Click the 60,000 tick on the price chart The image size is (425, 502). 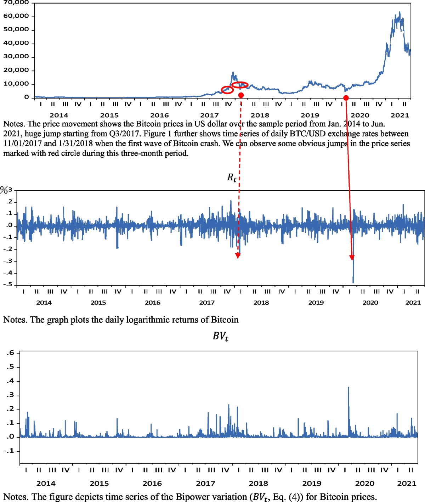(x=16, y=16)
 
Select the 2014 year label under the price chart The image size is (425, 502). (x=59, y=115)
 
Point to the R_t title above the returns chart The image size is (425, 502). (x=232, y=177)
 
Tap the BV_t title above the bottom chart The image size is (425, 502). (x=220, y=336)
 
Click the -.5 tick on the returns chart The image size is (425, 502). (x=8, y=284)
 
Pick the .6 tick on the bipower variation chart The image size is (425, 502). (x=10, y=353)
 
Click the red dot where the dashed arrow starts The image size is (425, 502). (x=241, y=95)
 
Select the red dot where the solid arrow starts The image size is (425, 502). (x=346, y=98)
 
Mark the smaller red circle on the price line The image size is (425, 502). (x=227, y=90)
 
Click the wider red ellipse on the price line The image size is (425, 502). (x=240, y=85)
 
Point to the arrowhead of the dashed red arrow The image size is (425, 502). (x=238, y=256)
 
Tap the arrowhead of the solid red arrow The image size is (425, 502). (x=352, y=258)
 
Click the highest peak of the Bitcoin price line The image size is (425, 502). (x=399, y=12)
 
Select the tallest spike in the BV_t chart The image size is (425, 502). (x=348, y=388)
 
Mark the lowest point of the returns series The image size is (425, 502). (x=353, y=282)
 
